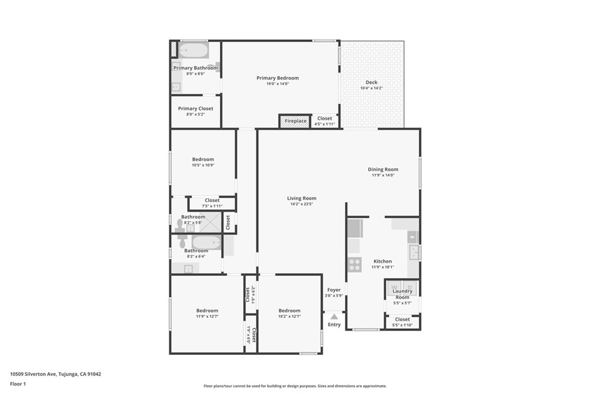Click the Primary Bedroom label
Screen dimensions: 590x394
[278, 78]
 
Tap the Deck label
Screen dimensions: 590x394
[372, 82]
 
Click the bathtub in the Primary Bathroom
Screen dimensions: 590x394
[193, 50]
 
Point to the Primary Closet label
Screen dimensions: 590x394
[196, 108]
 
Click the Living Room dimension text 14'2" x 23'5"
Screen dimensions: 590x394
[302, 204]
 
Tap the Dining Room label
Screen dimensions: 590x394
[383, 169]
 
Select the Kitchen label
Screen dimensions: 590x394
[383, 261]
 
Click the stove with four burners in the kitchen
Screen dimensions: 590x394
[354, 264]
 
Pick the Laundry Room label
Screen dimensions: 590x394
[403, 294]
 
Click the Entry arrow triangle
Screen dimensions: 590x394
[334, 317]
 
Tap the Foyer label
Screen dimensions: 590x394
[334, 290]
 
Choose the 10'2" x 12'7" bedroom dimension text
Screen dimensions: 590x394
[289, 316]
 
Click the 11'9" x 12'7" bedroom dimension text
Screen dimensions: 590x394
[207, 316]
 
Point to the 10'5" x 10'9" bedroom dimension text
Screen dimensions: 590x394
[203, 165]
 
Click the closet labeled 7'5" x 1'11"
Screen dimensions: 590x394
[212, 204]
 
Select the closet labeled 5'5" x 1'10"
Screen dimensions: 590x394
[402, 322]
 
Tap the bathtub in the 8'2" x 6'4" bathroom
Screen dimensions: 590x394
[206, 242]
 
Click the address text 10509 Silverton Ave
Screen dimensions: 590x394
[33, 374]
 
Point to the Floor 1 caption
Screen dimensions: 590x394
[18, 384]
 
